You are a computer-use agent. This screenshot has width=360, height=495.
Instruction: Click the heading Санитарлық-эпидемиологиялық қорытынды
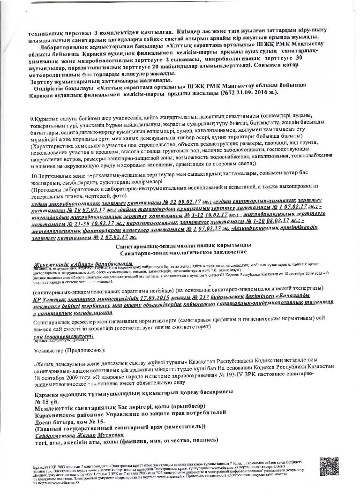pos(183,245)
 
